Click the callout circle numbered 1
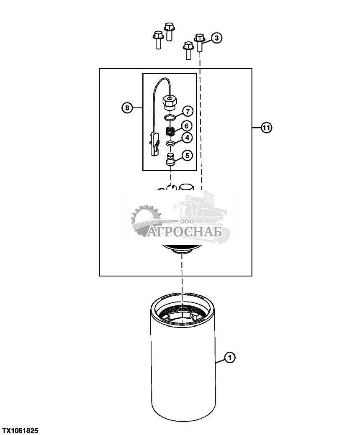pyautogui.click(x=230, y=358)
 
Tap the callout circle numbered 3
pyautogui.click(x=216, y=38)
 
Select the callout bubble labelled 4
pyautogui.click(x=187, y=138)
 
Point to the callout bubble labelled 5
pyautogui.click(x=187, y=156)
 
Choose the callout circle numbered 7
pyautogui.click(x=187, y=111)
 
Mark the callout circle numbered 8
pyautogui.click(x=126, y=108)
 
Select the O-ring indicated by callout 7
pyautogui.click(x=170, y=117)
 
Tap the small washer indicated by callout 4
pyautogui.click(x=170, y=143)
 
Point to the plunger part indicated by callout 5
pyautogui.click(x=170, y=160)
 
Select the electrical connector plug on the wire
pyautogui.click(x=154, y=143)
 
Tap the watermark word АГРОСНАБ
pyautogui.click(x=187, y=231)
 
